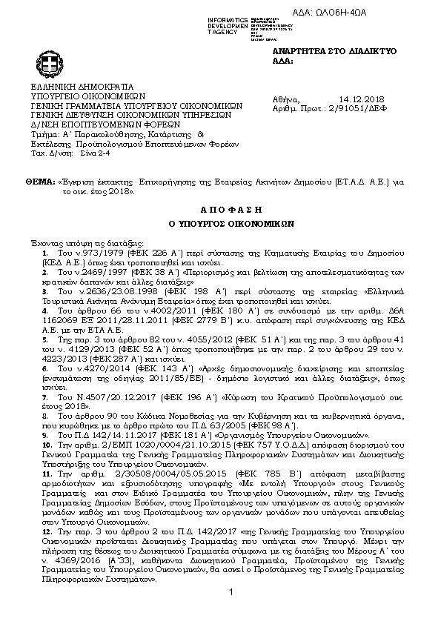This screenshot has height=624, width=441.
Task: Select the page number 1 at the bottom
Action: (x=231, y=612)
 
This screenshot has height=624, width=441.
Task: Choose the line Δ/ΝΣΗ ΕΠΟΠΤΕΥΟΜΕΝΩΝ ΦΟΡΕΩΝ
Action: (x=96, y=125)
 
